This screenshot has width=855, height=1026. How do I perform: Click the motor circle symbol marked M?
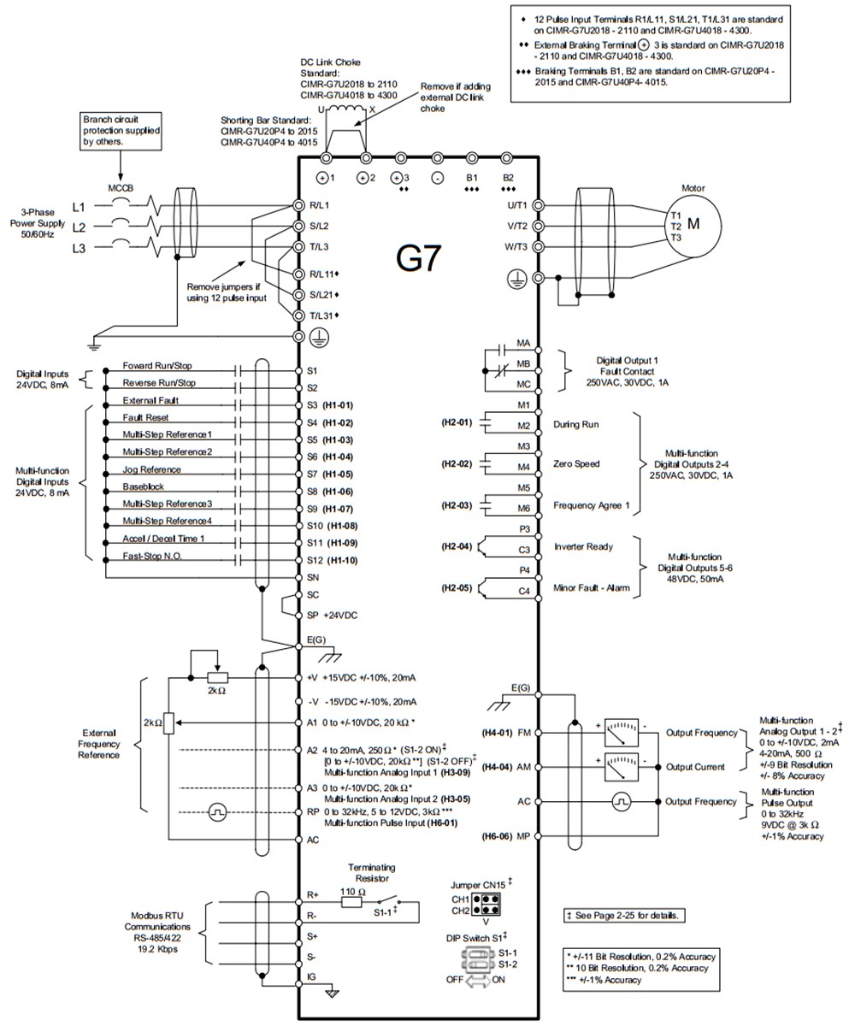(x=693, y=224)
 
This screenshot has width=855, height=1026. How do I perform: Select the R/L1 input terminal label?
(x=318, y=206)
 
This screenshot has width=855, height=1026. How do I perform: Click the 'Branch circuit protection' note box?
(x=121, y=131)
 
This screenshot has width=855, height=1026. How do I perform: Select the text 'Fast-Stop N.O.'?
(x=152, y=557)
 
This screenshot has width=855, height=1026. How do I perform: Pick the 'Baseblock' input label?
(x=143, y=487)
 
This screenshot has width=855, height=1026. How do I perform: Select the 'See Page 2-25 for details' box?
(x=623, y=915)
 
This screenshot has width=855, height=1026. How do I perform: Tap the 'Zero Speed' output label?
(x=577, y=464)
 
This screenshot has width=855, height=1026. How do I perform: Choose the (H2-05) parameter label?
(x=456, y=587)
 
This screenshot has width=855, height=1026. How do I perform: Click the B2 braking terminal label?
(x=509, y=179)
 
